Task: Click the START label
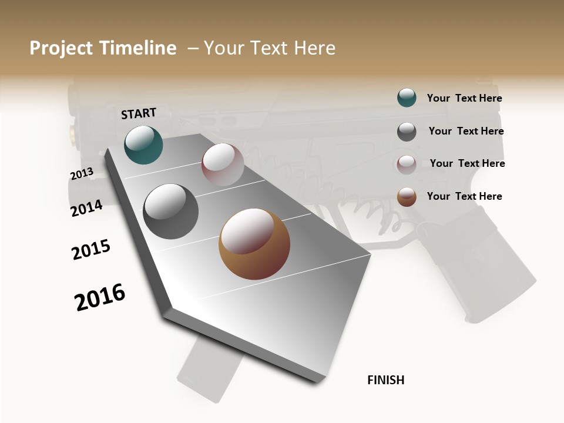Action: (139, 113)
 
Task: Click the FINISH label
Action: (386, 380)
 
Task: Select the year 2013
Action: (82, 174)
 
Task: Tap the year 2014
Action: (86, 209)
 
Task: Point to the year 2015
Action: (91, 250)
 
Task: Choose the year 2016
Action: (100, 297)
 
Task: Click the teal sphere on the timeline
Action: (143, 145)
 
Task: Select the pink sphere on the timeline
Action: (223, 164)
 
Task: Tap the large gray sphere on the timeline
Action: (170, 211)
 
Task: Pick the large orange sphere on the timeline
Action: (254, 244)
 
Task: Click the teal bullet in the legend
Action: (407, 98)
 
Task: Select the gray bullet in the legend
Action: (407, 131)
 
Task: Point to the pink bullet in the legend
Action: (407, 164)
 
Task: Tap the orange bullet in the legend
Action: (407, 196)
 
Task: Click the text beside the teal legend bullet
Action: (464, 98)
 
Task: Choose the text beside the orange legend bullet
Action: (464, 196)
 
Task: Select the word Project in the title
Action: (61, 48)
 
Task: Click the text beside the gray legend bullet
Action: (466, 131)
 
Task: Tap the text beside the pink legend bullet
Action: (467, 163)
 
